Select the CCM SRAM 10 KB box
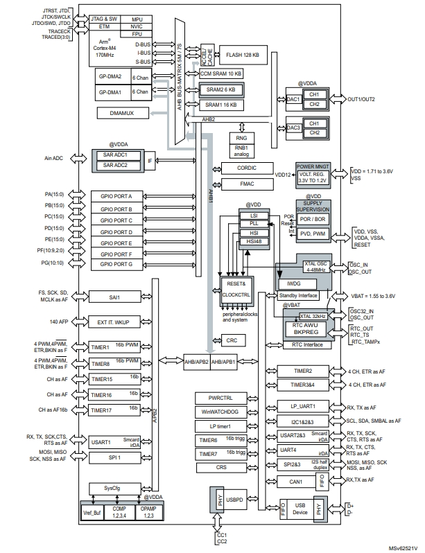pyautogui.click(x=220, y=73)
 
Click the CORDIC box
pyautogui.click(x=239, y=168)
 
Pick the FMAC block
pyautogui.click(x=239, y=184)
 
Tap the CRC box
pyautogui.click(x=232, y=341)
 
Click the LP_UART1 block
pyautogui.click(x=304, y=407)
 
